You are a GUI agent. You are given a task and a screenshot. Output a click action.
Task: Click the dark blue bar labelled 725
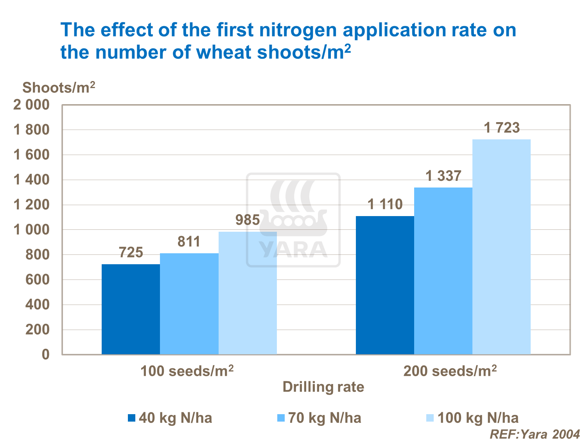(x=131, y=309)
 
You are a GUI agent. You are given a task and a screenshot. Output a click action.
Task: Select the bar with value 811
(x=189, y=304)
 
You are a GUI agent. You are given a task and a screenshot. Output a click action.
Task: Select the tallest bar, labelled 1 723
(x=501, y=247)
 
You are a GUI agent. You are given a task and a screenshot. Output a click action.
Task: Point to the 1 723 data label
(x=502, y=128)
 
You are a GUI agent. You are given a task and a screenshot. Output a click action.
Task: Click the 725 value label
(x=131, y=252)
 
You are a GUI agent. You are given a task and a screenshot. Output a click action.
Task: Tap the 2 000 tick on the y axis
(x=32, y=105)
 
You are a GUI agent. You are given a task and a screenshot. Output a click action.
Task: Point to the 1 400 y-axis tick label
(x=32, y=180)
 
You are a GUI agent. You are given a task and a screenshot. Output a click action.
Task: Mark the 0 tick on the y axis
(x=46, y=355)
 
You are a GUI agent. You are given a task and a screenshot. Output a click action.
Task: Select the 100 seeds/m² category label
(x=187, y=371)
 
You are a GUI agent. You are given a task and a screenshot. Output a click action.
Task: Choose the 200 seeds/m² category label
(x=450, y=371)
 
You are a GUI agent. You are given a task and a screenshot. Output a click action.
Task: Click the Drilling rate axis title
(x=323, y=387)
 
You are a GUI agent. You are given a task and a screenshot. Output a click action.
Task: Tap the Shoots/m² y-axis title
(x=59, y=87)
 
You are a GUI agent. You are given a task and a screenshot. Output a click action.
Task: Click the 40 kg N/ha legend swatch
(x=131, y=418)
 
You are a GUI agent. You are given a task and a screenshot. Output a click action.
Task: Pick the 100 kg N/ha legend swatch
(x=430, y=418)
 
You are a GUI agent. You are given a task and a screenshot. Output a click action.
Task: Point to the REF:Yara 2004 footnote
(x=535, y=434)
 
